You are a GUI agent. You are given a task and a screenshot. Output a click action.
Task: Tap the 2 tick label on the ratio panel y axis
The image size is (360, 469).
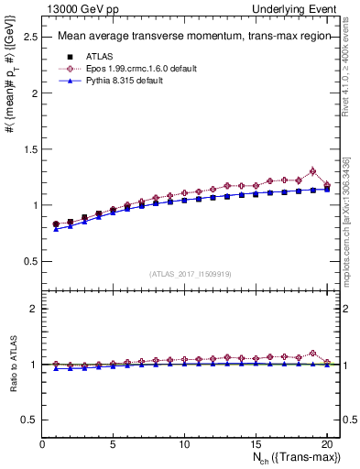[34, 309]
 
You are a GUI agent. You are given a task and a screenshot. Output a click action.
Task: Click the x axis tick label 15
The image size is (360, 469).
[255, 444]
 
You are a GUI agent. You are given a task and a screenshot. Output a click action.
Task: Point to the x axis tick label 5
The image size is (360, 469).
[113, 444]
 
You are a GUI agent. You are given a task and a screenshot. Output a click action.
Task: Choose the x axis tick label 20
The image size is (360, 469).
[325, 444]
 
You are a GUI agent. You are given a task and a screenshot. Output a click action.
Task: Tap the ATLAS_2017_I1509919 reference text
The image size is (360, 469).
[189, 273]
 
